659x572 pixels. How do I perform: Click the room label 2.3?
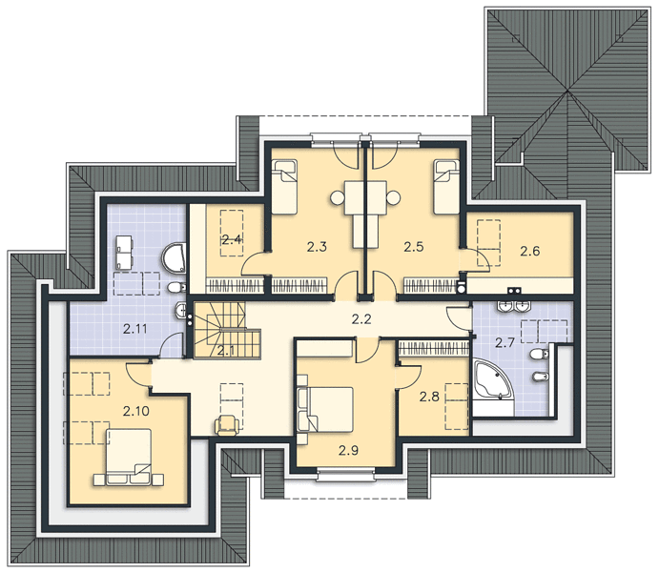click(x=317, y=247)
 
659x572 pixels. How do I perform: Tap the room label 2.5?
click(x=414, y=247)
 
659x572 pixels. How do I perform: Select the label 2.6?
click(x=529, y=251)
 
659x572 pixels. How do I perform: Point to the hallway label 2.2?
click(x=361, y=319)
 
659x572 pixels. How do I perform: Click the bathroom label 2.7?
click(x=505, y=343)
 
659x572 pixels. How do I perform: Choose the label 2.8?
click(x=429, y=397)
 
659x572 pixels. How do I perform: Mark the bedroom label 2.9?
click(x=348, y=451)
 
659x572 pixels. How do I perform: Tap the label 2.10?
click(x=136, y=411)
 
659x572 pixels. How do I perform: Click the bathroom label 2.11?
click(x=134, y=329)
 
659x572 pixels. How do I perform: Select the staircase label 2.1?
click(x=226, y=350)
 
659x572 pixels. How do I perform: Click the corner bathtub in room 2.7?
click(x=492, y=379)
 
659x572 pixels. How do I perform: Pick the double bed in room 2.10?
click(x=129, y=457)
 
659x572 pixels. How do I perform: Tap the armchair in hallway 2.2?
click(x=229, y=425)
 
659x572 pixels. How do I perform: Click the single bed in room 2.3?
click(x=284, y=187)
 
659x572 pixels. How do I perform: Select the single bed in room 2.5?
click(x=446, y=187)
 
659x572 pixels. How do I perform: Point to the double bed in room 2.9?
click(x=325, y=410)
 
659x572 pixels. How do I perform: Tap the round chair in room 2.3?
click(x=338, y=197)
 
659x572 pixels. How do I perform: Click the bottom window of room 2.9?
click(x=345, y=475)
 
